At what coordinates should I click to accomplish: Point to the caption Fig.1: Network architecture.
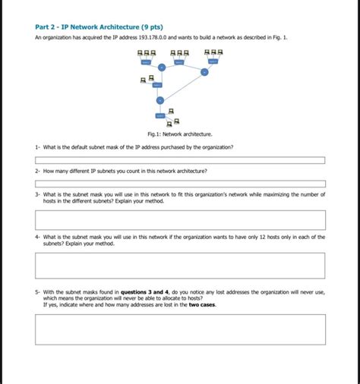click(x=180, y=134)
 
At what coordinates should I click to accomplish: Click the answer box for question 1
click(x=180, y=160)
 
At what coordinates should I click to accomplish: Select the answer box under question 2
click(x=180, y=184)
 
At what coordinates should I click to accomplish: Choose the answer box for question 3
click(x=180, y=219)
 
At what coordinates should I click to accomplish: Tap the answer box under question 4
click(x=180, y=265)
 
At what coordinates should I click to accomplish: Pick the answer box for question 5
click(x=180, y=329)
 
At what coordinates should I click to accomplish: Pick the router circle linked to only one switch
click(x=159, y=100)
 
